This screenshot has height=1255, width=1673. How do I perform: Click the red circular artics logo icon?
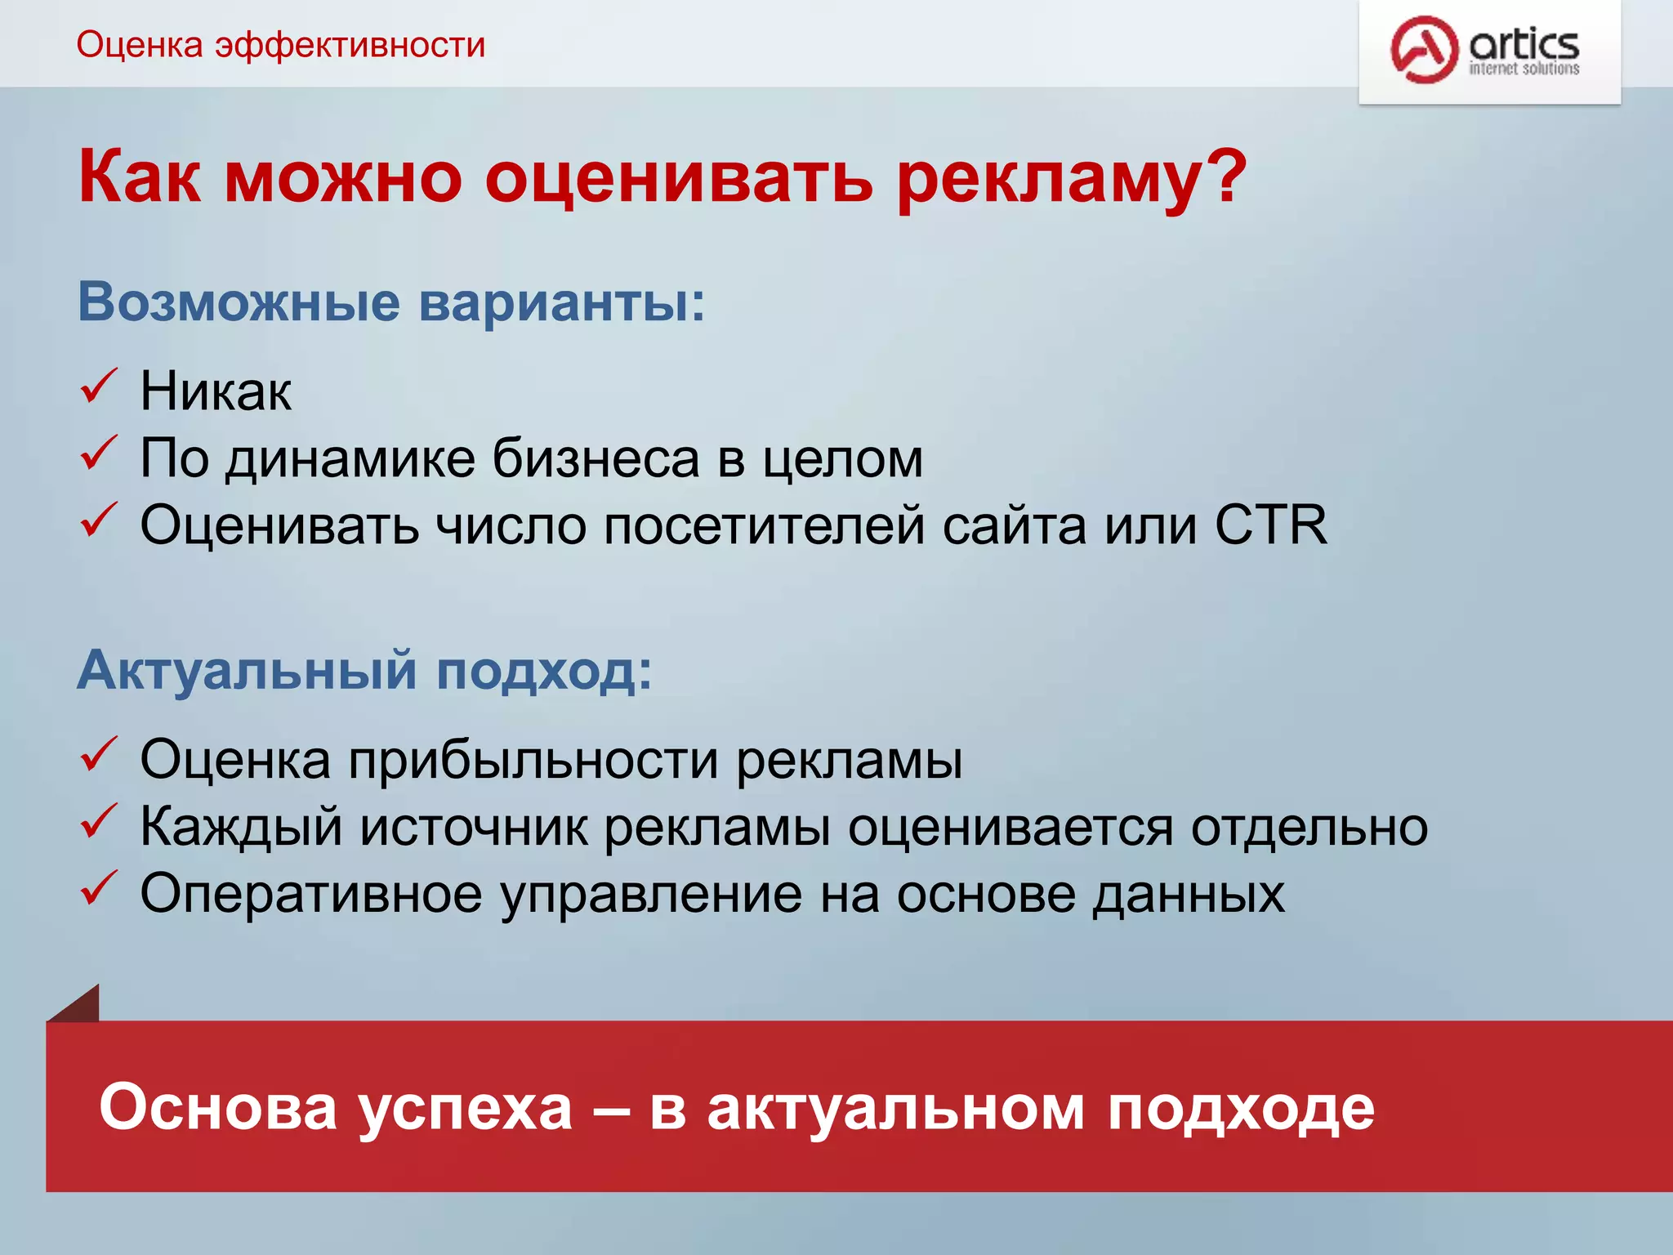click(1424, 49)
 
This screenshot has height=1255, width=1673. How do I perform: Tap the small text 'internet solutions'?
click(1524, 69)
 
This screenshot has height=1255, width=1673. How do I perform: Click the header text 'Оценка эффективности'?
click(281, 45)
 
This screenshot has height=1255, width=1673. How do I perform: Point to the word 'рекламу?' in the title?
click(1070, 178)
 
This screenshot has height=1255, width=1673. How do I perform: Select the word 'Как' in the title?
click(139, 177)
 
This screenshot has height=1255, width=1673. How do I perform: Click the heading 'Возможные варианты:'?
click(390, 302)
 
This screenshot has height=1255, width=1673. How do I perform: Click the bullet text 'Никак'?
click(215, 391)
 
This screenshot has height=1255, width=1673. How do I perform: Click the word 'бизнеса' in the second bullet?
click(596, 458)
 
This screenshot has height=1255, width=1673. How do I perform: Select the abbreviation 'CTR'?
click(1270, 525)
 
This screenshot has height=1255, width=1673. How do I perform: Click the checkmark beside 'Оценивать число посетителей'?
click(99, 520)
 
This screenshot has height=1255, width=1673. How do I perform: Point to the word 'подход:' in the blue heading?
click(544, 671)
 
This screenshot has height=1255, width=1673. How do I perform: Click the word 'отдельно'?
click(1309, 827)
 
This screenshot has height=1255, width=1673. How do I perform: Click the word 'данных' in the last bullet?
click(1189, 894)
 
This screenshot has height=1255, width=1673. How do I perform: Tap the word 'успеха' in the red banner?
click(466, 1108)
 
